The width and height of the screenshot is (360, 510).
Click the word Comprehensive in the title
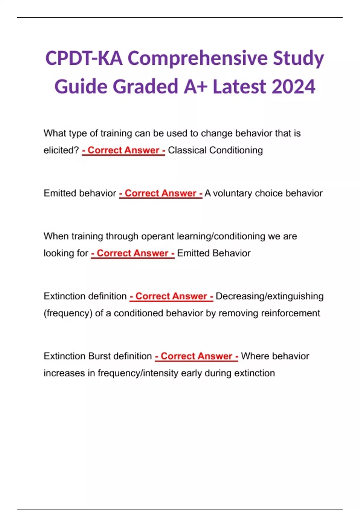[198, 58]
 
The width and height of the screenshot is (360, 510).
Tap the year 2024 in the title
[294, 87]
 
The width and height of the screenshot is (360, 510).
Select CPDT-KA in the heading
[84, 58]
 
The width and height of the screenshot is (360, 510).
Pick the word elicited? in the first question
[61, 150]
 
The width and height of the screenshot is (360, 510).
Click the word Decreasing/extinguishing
[269, 296]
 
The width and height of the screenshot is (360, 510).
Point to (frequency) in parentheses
[68, 313]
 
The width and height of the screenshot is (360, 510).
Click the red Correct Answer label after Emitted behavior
[161, 193]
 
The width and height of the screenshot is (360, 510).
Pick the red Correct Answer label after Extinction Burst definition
[196, 356]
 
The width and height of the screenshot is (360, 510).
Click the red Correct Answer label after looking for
[133, 253]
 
